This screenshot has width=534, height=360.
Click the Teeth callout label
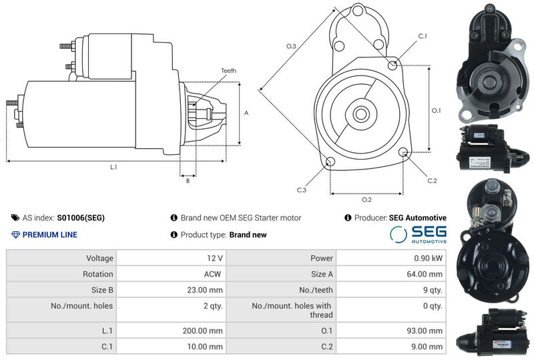[228, 70]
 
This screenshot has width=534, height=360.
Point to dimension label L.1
[113, 166]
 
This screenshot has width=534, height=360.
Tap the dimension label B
[188, 180]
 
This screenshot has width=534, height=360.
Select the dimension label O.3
[291, 46]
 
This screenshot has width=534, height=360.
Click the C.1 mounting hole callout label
[422, 36]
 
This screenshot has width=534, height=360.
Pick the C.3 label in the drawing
[302, 190]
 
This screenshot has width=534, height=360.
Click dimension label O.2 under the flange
[366, 200]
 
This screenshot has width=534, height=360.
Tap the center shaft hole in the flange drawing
[361, 114]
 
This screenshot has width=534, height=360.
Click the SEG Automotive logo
[419, 234]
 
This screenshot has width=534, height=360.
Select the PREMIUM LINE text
[49, 234]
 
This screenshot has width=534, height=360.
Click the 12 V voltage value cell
[215, 258]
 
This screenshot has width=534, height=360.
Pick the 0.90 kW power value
[429, 258]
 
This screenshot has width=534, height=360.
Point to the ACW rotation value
[213, 274]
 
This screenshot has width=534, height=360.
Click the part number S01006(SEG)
[81, 218]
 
